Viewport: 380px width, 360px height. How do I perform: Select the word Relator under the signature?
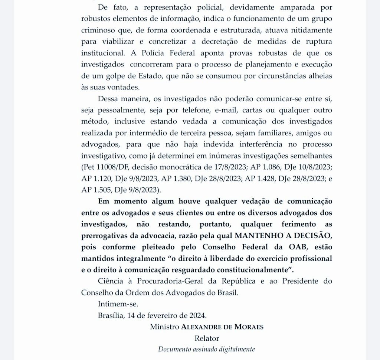click(207, 338)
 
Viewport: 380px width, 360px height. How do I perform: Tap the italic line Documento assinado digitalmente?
click(207, 349)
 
